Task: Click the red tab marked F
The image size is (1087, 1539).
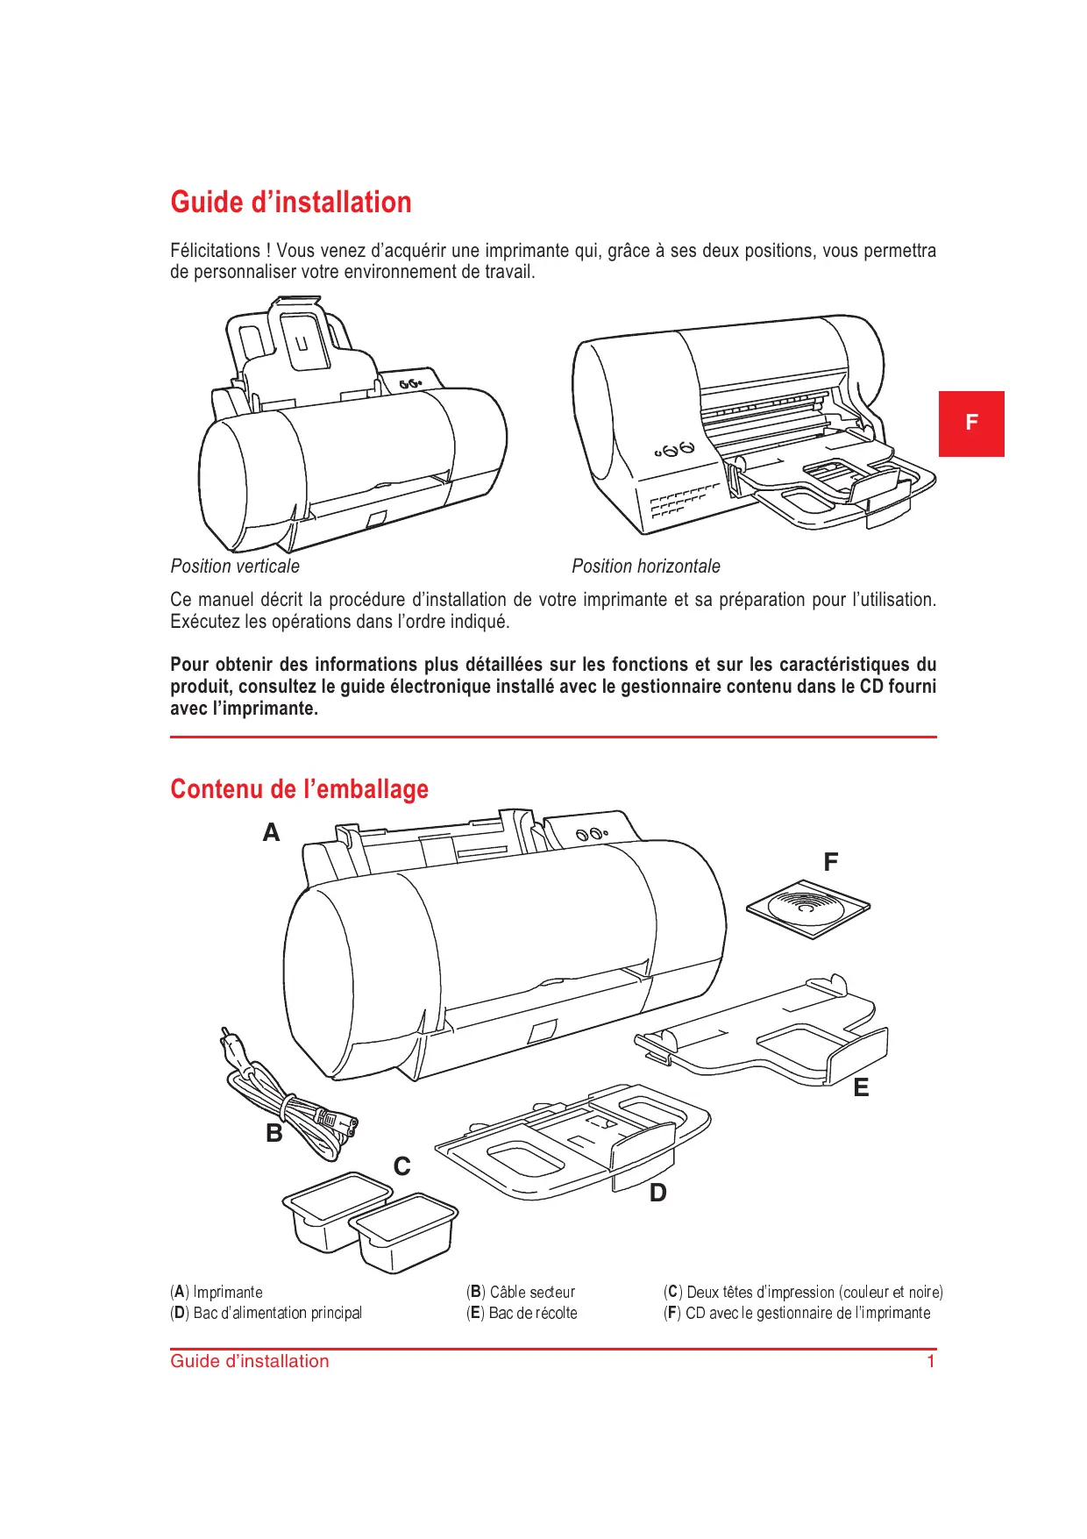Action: coord(970,424)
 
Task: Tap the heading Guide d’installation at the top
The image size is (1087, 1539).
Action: coord(290,203)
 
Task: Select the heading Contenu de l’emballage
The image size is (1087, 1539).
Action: coord(299,789)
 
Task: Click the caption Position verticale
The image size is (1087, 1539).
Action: coord(235,566)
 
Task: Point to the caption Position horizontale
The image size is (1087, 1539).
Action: coord(645,566)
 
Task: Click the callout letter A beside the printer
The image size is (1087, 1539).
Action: coord(272,832)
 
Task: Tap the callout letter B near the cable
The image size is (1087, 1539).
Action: coord(274,1133)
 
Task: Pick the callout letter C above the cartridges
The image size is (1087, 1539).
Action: coord(402,1166)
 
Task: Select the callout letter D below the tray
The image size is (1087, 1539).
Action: coord(657,1193)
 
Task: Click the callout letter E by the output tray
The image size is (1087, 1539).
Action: coord(861,1088)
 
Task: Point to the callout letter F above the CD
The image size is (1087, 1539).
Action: coord(831,862)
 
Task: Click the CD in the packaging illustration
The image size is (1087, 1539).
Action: coord(807,908)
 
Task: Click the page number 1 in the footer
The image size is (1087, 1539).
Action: coord(931,1362)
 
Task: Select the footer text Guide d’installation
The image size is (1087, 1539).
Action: coord(250,1362)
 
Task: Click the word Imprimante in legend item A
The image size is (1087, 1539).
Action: coord(228,1293)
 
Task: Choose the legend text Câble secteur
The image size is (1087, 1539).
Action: coord(532,1293)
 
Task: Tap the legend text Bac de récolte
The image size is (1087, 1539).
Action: coord(533,1314)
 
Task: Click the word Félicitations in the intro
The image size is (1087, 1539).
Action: coord(215,251)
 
